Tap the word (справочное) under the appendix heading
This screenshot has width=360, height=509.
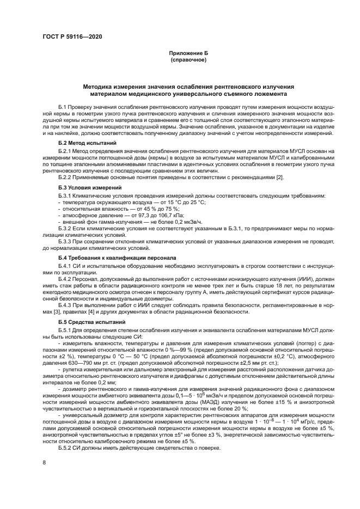pyautogui.click(x=188, y=60)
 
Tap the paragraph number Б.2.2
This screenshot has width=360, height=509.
pyautogui.click(x=65, y=177)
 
